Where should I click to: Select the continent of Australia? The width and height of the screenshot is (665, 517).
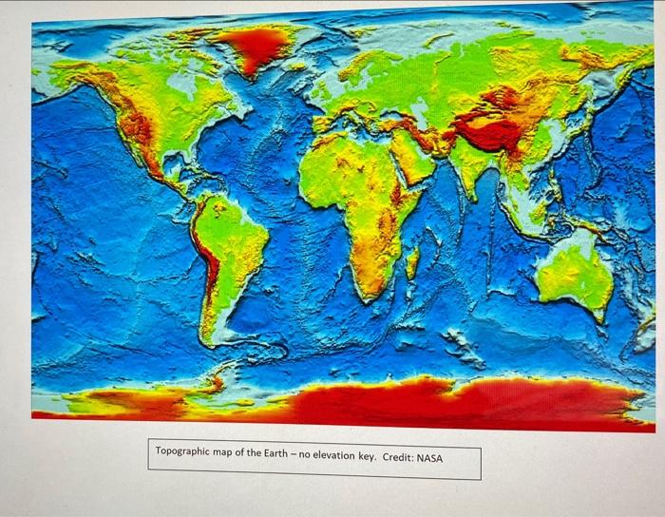pyautogui.click(x=575, y=276)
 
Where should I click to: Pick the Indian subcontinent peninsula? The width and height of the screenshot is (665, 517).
pyautogui.click(x=468, y=171)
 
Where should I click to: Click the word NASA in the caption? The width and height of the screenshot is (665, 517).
pyautogui.click(x=429, y=458)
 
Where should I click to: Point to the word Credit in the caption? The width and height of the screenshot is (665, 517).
pyautogui.click(x=398, y=458)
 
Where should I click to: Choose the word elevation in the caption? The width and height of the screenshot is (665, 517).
pyautogui.click(x=334, y=457)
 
